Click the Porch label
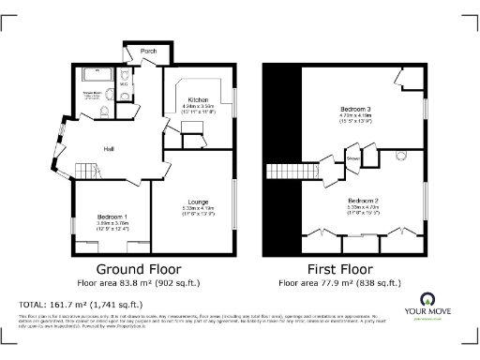148,51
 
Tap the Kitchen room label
197,99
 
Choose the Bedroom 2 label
362,201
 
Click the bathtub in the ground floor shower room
95,73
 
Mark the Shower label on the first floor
353,158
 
